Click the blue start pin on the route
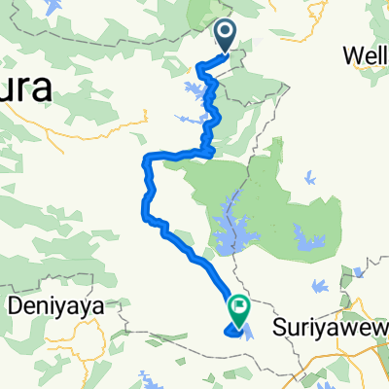[x=225, y=37]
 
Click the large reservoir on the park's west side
[x=230, y=229]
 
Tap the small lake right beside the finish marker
[x=249, y=331]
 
